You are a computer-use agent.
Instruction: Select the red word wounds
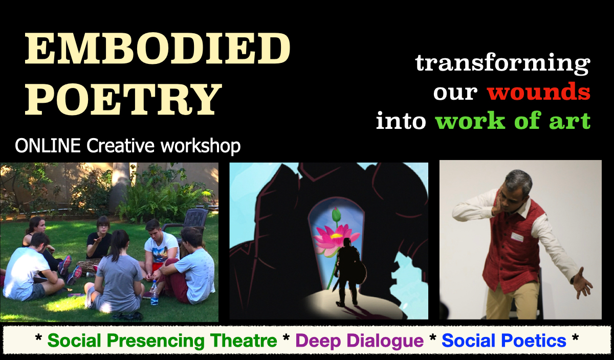point(539,93)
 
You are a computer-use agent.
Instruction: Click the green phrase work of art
point(513,122)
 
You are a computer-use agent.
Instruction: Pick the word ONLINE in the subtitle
point(48,146)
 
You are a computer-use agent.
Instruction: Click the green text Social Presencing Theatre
point(162,341)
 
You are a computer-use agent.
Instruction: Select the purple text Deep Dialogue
point(360,341)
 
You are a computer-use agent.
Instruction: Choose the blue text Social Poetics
point(504,341)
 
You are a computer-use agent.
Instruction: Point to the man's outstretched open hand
point(582,282)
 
